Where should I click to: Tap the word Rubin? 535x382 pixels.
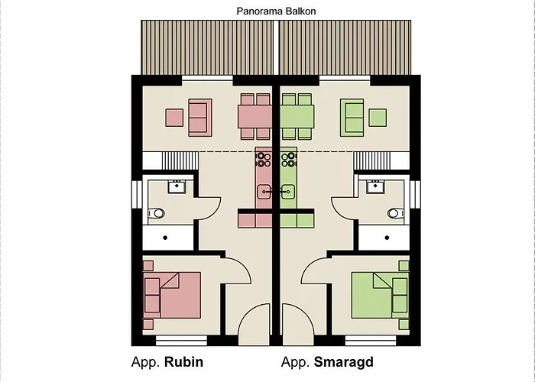point(184,361)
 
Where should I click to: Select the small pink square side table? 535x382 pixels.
point(174,118)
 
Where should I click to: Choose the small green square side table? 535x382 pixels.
point(378,118)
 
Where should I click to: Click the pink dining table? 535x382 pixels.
point(255,117)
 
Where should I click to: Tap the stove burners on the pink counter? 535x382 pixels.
point(263,159)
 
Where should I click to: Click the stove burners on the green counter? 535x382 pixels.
point(288,159)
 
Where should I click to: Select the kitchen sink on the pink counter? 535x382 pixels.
point(264,191)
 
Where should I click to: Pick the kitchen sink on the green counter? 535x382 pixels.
point(287,191)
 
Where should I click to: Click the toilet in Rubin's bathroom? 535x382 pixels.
point(158,213)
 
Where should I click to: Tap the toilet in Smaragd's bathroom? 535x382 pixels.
point(394,213)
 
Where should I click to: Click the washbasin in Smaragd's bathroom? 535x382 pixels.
point(375,186)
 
